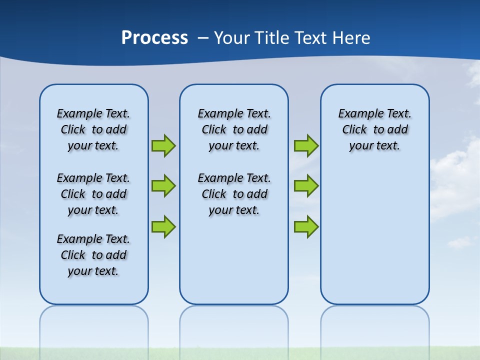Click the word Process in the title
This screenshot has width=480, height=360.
(154, 37)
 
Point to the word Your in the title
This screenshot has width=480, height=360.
(232, 38)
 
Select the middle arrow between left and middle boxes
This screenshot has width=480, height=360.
(163, 186)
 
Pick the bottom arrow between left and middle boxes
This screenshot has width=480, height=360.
(163, 226)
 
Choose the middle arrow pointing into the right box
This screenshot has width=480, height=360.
(306, 186)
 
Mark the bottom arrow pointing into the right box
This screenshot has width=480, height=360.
(306, 226)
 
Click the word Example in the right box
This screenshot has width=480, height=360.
(358, 113)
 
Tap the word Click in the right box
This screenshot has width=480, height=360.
(354, 129)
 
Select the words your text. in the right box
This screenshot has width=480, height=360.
(374, 146)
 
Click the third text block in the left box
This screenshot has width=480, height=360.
(93, 255)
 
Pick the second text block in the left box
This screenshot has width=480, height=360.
(93, 194)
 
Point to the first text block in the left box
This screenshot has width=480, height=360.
(93, 129)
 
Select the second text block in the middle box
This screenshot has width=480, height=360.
(234, 194)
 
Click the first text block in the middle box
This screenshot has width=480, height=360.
(234, 129)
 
